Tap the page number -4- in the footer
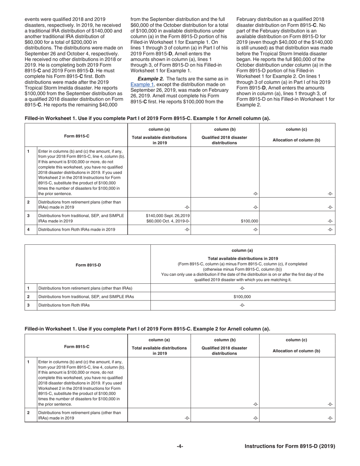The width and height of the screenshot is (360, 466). (180, 446)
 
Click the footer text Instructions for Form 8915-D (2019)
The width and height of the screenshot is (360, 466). (290, 446)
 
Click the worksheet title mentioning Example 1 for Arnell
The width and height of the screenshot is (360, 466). (147, 118)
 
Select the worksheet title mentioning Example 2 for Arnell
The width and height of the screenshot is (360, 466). (147, 328)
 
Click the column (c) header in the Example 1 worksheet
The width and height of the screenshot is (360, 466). (297, 129)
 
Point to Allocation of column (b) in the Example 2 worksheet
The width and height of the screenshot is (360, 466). (297, 351)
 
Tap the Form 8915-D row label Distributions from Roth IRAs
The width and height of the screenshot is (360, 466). (64, 305)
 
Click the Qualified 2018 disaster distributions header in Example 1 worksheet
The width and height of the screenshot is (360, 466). (225, 140)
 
